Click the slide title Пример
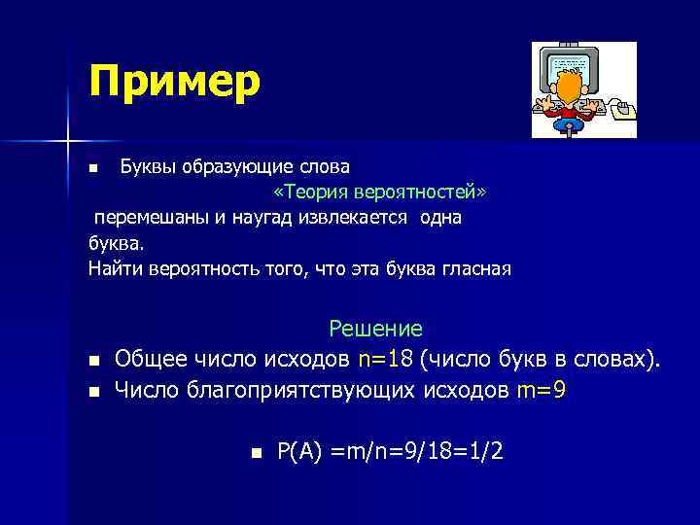click(174, 82)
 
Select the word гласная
click(476, 267)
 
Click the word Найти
click(116, 267)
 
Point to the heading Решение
click(375, 330)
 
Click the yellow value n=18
click(386, 360)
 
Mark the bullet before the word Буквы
click(93, 169)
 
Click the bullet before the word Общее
click(93, 362)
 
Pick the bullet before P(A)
click(256, 452)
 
